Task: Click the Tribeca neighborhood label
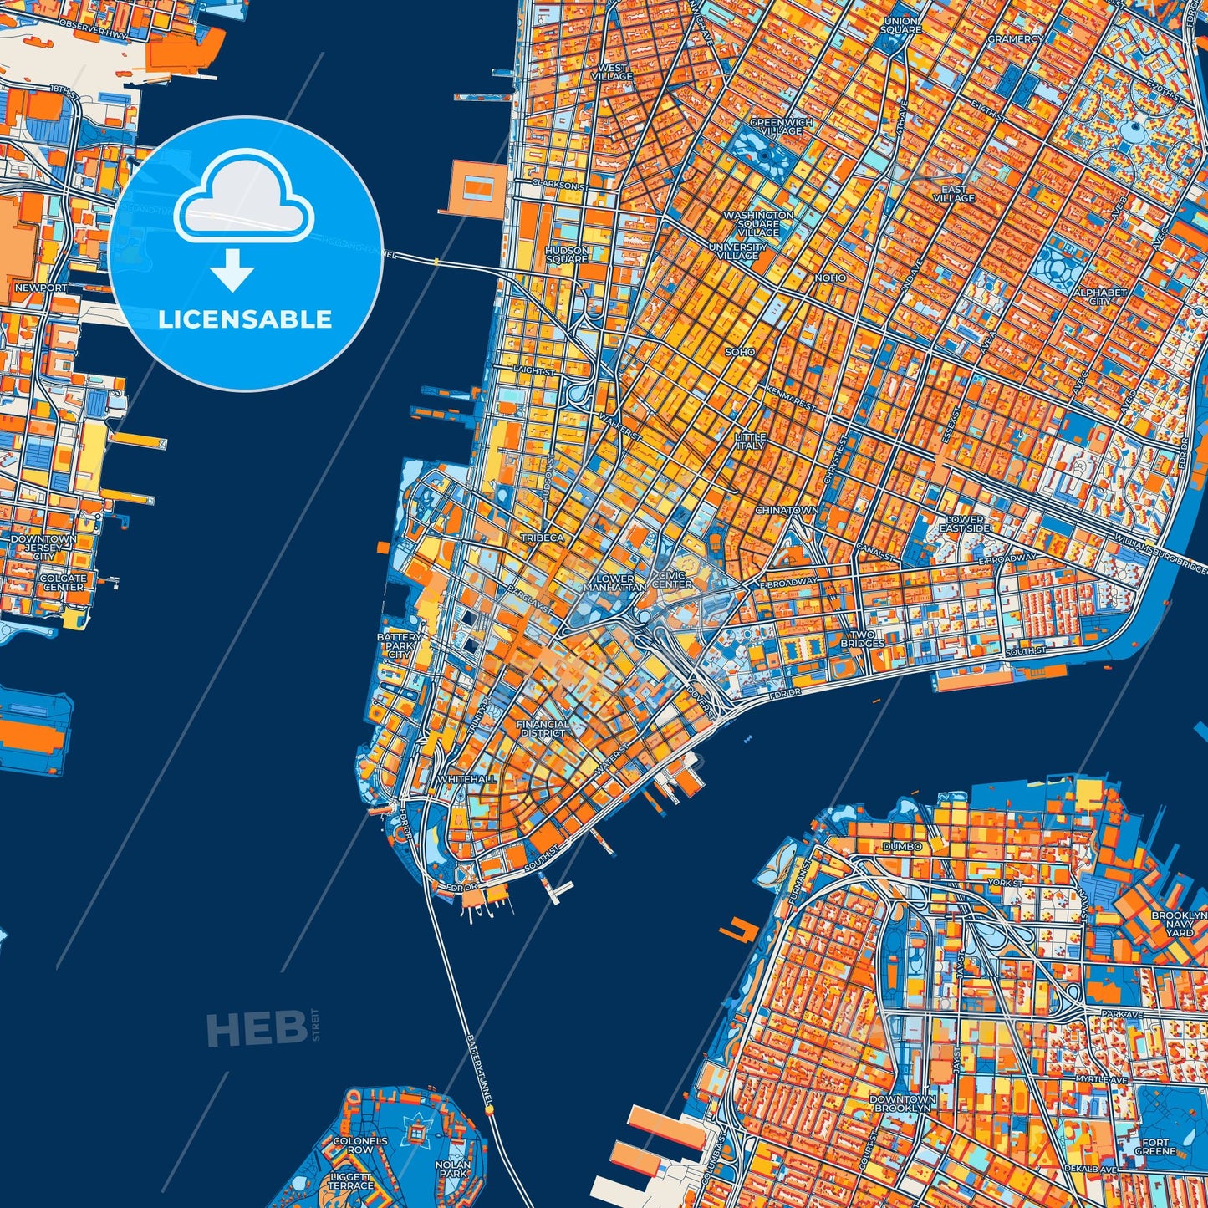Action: (x=543, y=538)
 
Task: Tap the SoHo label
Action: (x=740, y=352)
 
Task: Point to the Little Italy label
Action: (x=750, y=441)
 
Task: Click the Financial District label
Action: (x=543, y=729)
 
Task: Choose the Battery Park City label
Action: (x=400, y=645)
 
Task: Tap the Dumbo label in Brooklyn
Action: (x=902, y=846)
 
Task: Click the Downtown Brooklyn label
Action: (x=902, y=1103)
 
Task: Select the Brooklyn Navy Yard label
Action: (x=1179, y=924)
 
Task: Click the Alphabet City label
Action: (x=1100, y=297)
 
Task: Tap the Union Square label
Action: (x=901, y=25)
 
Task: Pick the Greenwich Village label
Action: (x=782, y=126)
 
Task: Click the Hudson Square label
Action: (x=567, y=254)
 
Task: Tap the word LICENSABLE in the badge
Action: (x=245, y=319)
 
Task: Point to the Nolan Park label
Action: (x=453, y=1169)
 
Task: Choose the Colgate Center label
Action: (x=64, y=583)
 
